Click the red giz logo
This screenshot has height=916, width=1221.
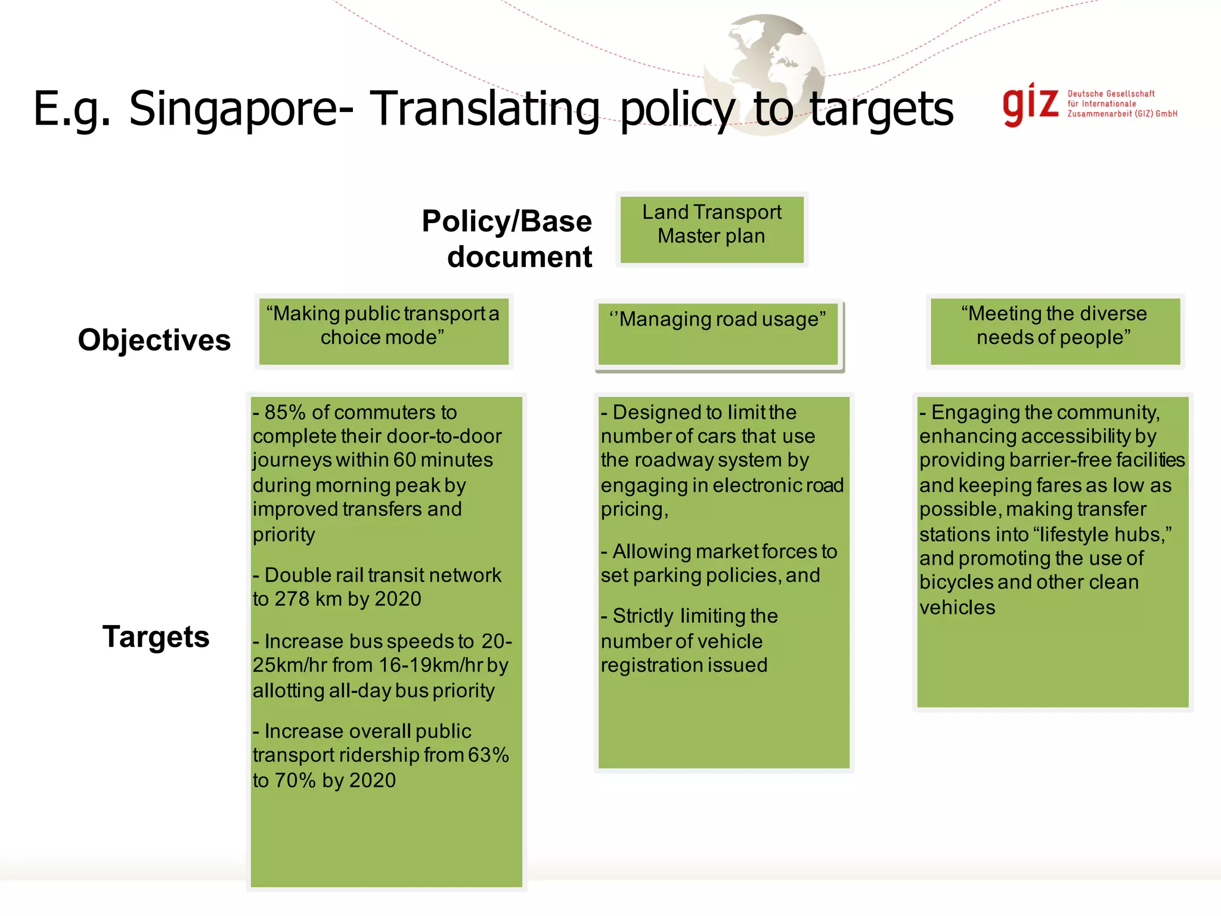1030,105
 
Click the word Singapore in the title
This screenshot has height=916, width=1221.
241,109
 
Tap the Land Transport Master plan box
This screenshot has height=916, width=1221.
712,230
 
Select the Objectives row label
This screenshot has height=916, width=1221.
154,340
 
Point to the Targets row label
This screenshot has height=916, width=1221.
156,636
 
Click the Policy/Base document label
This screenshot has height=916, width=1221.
507,239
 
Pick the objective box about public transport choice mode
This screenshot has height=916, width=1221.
383,330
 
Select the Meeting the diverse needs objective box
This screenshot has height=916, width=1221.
1055,330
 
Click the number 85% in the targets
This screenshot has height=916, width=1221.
285,412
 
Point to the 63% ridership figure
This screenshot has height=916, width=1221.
488,755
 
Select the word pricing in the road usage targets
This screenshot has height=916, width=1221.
633,510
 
